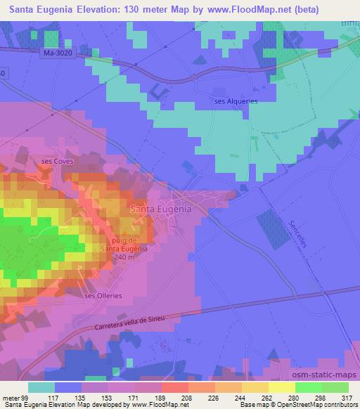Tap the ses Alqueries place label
click(236, 101)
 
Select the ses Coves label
click(57, 161)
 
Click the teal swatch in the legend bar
click(42, 387)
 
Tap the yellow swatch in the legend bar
click(281, 387)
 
